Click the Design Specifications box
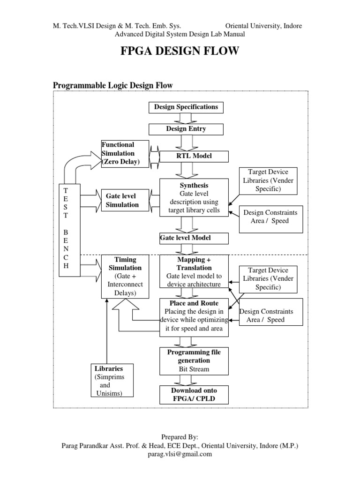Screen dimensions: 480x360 [186, 107]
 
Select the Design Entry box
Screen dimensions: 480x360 [186, 129]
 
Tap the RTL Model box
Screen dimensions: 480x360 [194, 157]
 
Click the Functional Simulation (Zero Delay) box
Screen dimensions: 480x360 [125, 153]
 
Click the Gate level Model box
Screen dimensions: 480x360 [194, 238]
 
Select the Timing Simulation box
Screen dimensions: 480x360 [125, 277]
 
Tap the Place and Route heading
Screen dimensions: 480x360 [194, 303]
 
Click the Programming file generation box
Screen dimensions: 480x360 [194, 361]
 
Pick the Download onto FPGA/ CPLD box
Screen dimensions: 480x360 [194, 395]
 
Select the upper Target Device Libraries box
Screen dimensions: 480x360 [268, 180]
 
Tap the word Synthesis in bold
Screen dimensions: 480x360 [194, 186]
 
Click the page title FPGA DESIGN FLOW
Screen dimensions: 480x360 [180, 51]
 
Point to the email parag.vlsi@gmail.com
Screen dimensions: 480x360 [180, 454]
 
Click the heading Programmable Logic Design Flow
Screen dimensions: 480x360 [112, 85]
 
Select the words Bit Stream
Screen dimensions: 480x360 [194, 369]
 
